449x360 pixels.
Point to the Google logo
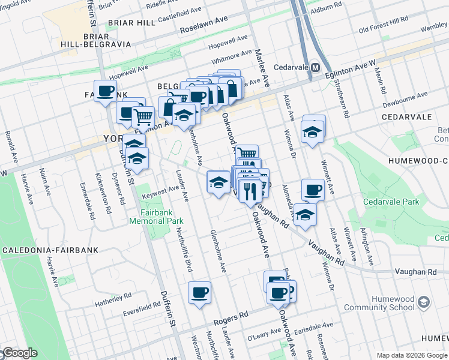pyautogui.click(x=19, y=353)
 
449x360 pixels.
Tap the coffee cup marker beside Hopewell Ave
pyautogui.click(x=105, y=91)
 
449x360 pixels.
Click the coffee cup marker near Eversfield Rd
pyautogui.click(x=199, y=293)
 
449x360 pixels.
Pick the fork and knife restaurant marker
pyautogui.click(x=249, y=191)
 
